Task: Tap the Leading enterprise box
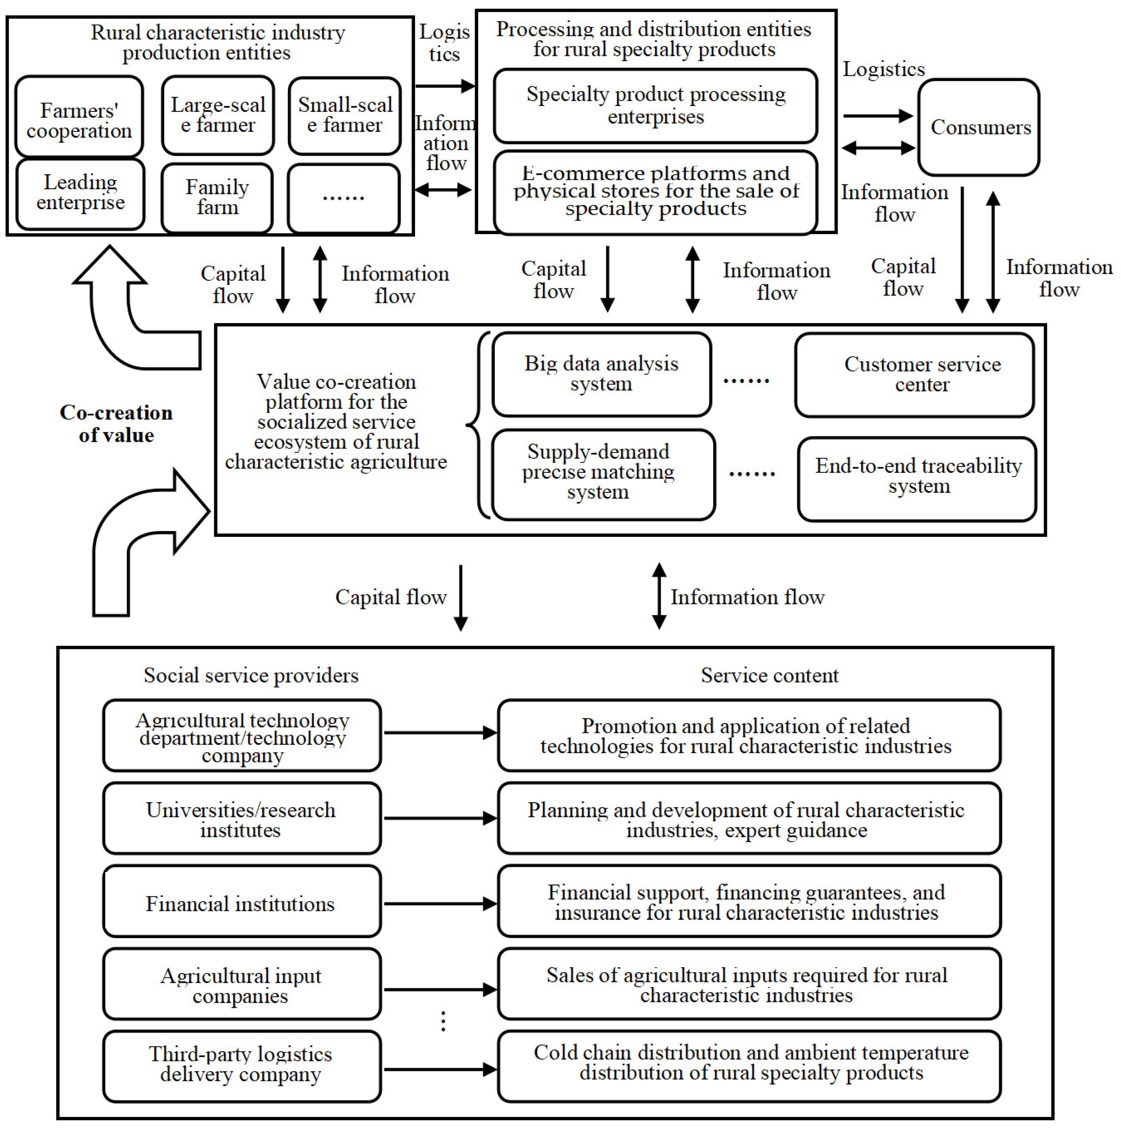(80, 193)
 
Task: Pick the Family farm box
(217, 198)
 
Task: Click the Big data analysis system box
(601, 374)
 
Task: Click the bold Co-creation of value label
(116, 423)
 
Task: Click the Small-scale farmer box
(345, 116)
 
